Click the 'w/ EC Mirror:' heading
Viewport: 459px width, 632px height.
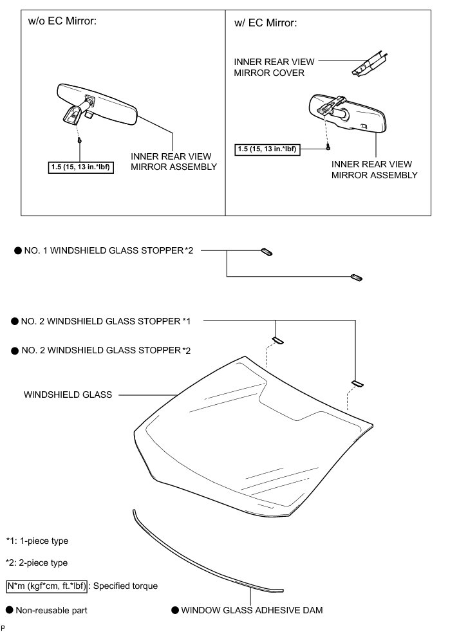266,23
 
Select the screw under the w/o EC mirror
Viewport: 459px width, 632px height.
79,139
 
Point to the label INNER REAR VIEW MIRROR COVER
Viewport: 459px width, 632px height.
274,67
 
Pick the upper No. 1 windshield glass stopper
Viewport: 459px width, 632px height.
267,251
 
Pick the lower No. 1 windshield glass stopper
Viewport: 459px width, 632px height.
356,277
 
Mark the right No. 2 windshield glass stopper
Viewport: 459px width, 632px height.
356,384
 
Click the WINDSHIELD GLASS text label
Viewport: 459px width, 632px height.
68,394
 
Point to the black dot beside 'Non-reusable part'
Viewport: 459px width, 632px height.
10,609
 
